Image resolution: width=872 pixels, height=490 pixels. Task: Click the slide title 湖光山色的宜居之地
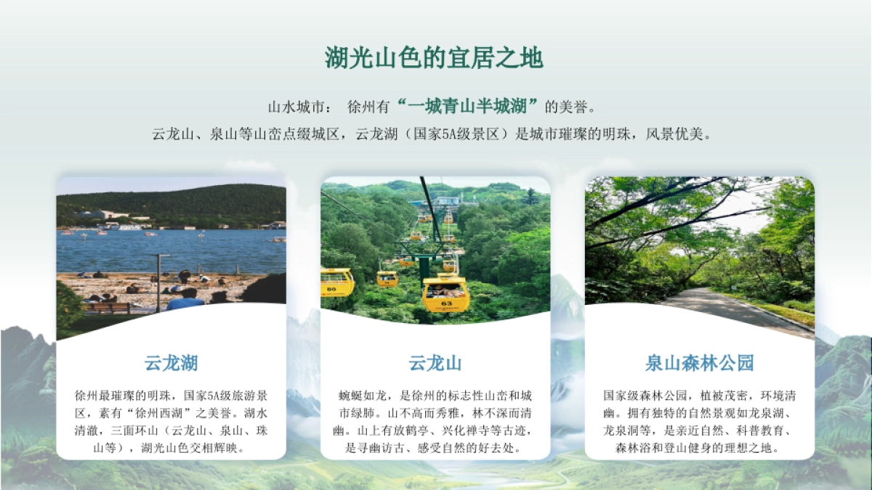(x=434, y=58)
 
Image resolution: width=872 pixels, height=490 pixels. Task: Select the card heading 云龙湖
(x=171, y=363)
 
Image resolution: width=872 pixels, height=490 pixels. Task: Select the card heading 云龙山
(x=435, y=363)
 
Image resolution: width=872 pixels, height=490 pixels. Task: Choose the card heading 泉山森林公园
(x=699, y=363)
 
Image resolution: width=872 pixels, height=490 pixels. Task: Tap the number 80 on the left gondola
(x=331, y=288)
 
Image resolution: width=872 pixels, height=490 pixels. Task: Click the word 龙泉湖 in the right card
(x=775, y=414)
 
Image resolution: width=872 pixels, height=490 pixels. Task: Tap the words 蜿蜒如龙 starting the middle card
(x=366, y=396)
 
